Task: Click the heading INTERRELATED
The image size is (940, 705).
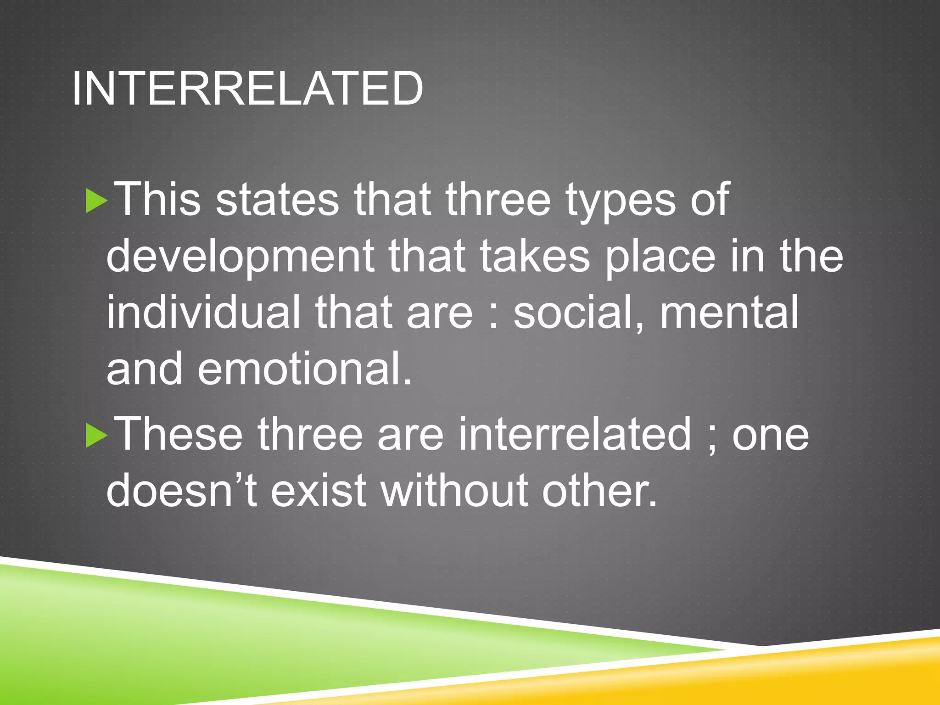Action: coord(247,88)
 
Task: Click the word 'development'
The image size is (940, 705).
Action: coord(240,257)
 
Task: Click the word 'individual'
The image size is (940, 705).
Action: coord(203,312)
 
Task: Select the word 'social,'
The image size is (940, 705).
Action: coord(579,313)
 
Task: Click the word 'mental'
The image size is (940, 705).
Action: coord(729,312)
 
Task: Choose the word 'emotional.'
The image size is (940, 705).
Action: coord(305,369)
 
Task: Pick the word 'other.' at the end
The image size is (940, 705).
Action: coord(600,490)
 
